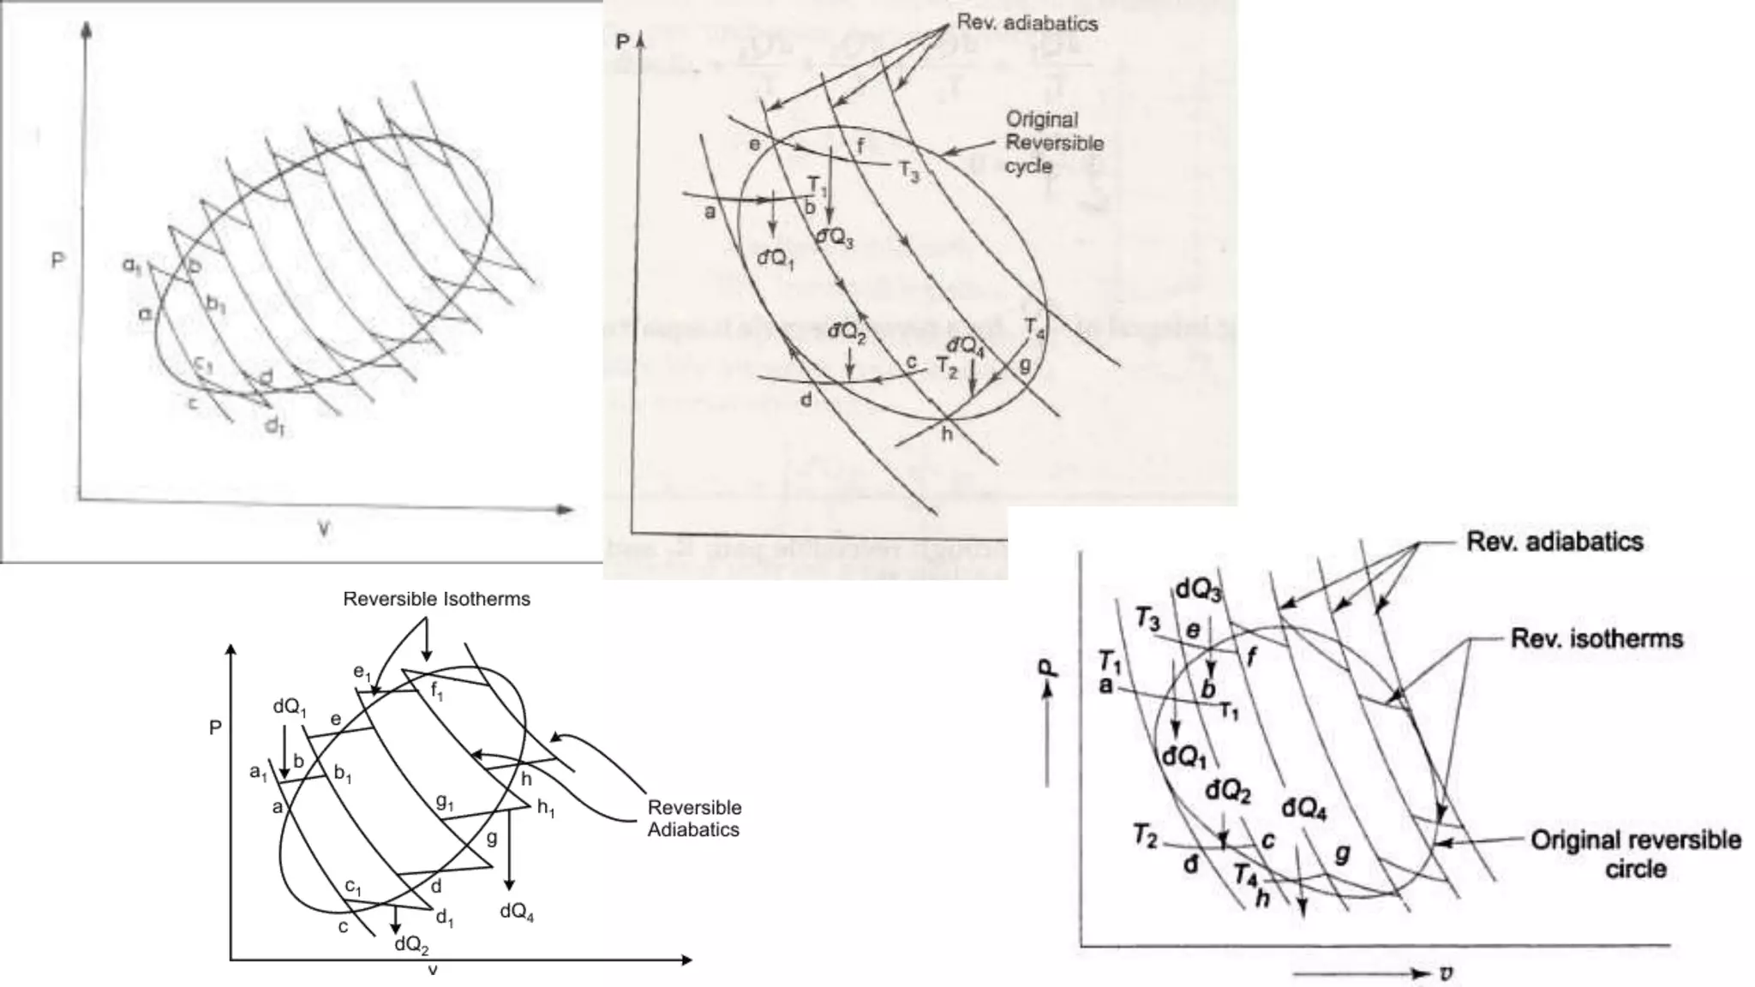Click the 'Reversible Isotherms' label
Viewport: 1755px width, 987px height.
(436, 599)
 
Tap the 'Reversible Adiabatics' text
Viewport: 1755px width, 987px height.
(694, 818)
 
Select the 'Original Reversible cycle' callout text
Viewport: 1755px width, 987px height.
(1053, 142)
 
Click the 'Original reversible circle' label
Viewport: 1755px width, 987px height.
(1635, 854)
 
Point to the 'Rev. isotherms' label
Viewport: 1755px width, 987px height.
(1596, 638)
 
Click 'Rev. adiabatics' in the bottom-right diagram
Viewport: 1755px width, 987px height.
(1554, 541)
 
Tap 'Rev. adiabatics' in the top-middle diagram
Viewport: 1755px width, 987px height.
(1027, 23)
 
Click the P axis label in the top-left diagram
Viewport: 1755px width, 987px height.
(58, 260)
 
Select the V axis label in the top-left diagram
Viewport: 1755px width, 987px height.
(324, 530)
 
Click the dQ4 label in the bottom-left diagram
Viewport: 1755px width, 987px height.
(517, 912)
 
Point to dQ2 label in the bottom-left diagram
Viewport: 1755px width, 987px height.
(411, 944)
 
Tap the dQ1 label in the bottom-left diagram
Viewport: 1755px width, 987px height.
(290, 707)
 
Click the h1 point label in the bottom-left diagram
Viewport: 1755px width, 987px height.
(546, 808)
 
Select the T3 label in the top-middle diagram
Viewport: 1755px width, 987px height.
(909, 171)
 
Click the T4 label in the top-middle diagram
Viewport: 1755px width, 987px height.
(1034, 328)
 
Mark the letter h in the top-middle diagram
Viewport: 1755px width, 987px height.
(947, 434)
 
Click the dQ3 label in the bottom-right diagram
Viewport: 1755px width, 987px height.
(1198, 589)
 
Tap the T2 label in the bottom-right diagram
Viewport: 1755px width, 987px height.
(1146, 834)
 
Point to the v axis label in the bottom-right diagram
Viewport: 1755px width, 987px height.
(1447, 973)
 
